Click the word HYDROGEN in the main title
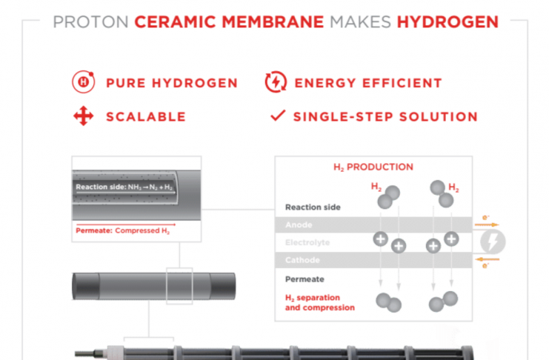tap(447, 22)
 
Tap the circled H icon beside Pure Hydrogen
tap(83, 82)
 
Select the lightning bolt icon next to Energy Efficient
tap(276, 82)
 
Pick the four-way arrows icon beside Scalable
tap(83, 116)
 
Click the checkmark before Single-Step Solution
tap(278, 116)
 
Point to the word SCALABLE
tap(146, 116)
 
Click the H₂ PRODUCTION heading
tap(373, 167)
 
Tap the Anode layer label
tap(299, 225)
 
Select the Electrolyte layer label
tap(307, 242)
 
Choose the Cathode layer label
tap(302, 260)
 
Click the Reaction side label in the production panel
tap(313, 207)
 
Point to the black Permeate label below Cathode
tap(305, 279)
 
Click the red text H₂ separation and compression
tap(319, 302)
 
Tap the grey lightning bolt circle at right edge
tap(493, 241)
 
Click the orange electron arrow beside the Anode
tap(487, 224)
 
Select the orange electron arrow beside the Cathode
tap(487, 259)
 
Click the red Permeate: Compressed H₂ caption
tap(123, 231)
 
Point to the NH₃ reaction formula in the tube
tap(150, 187)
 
